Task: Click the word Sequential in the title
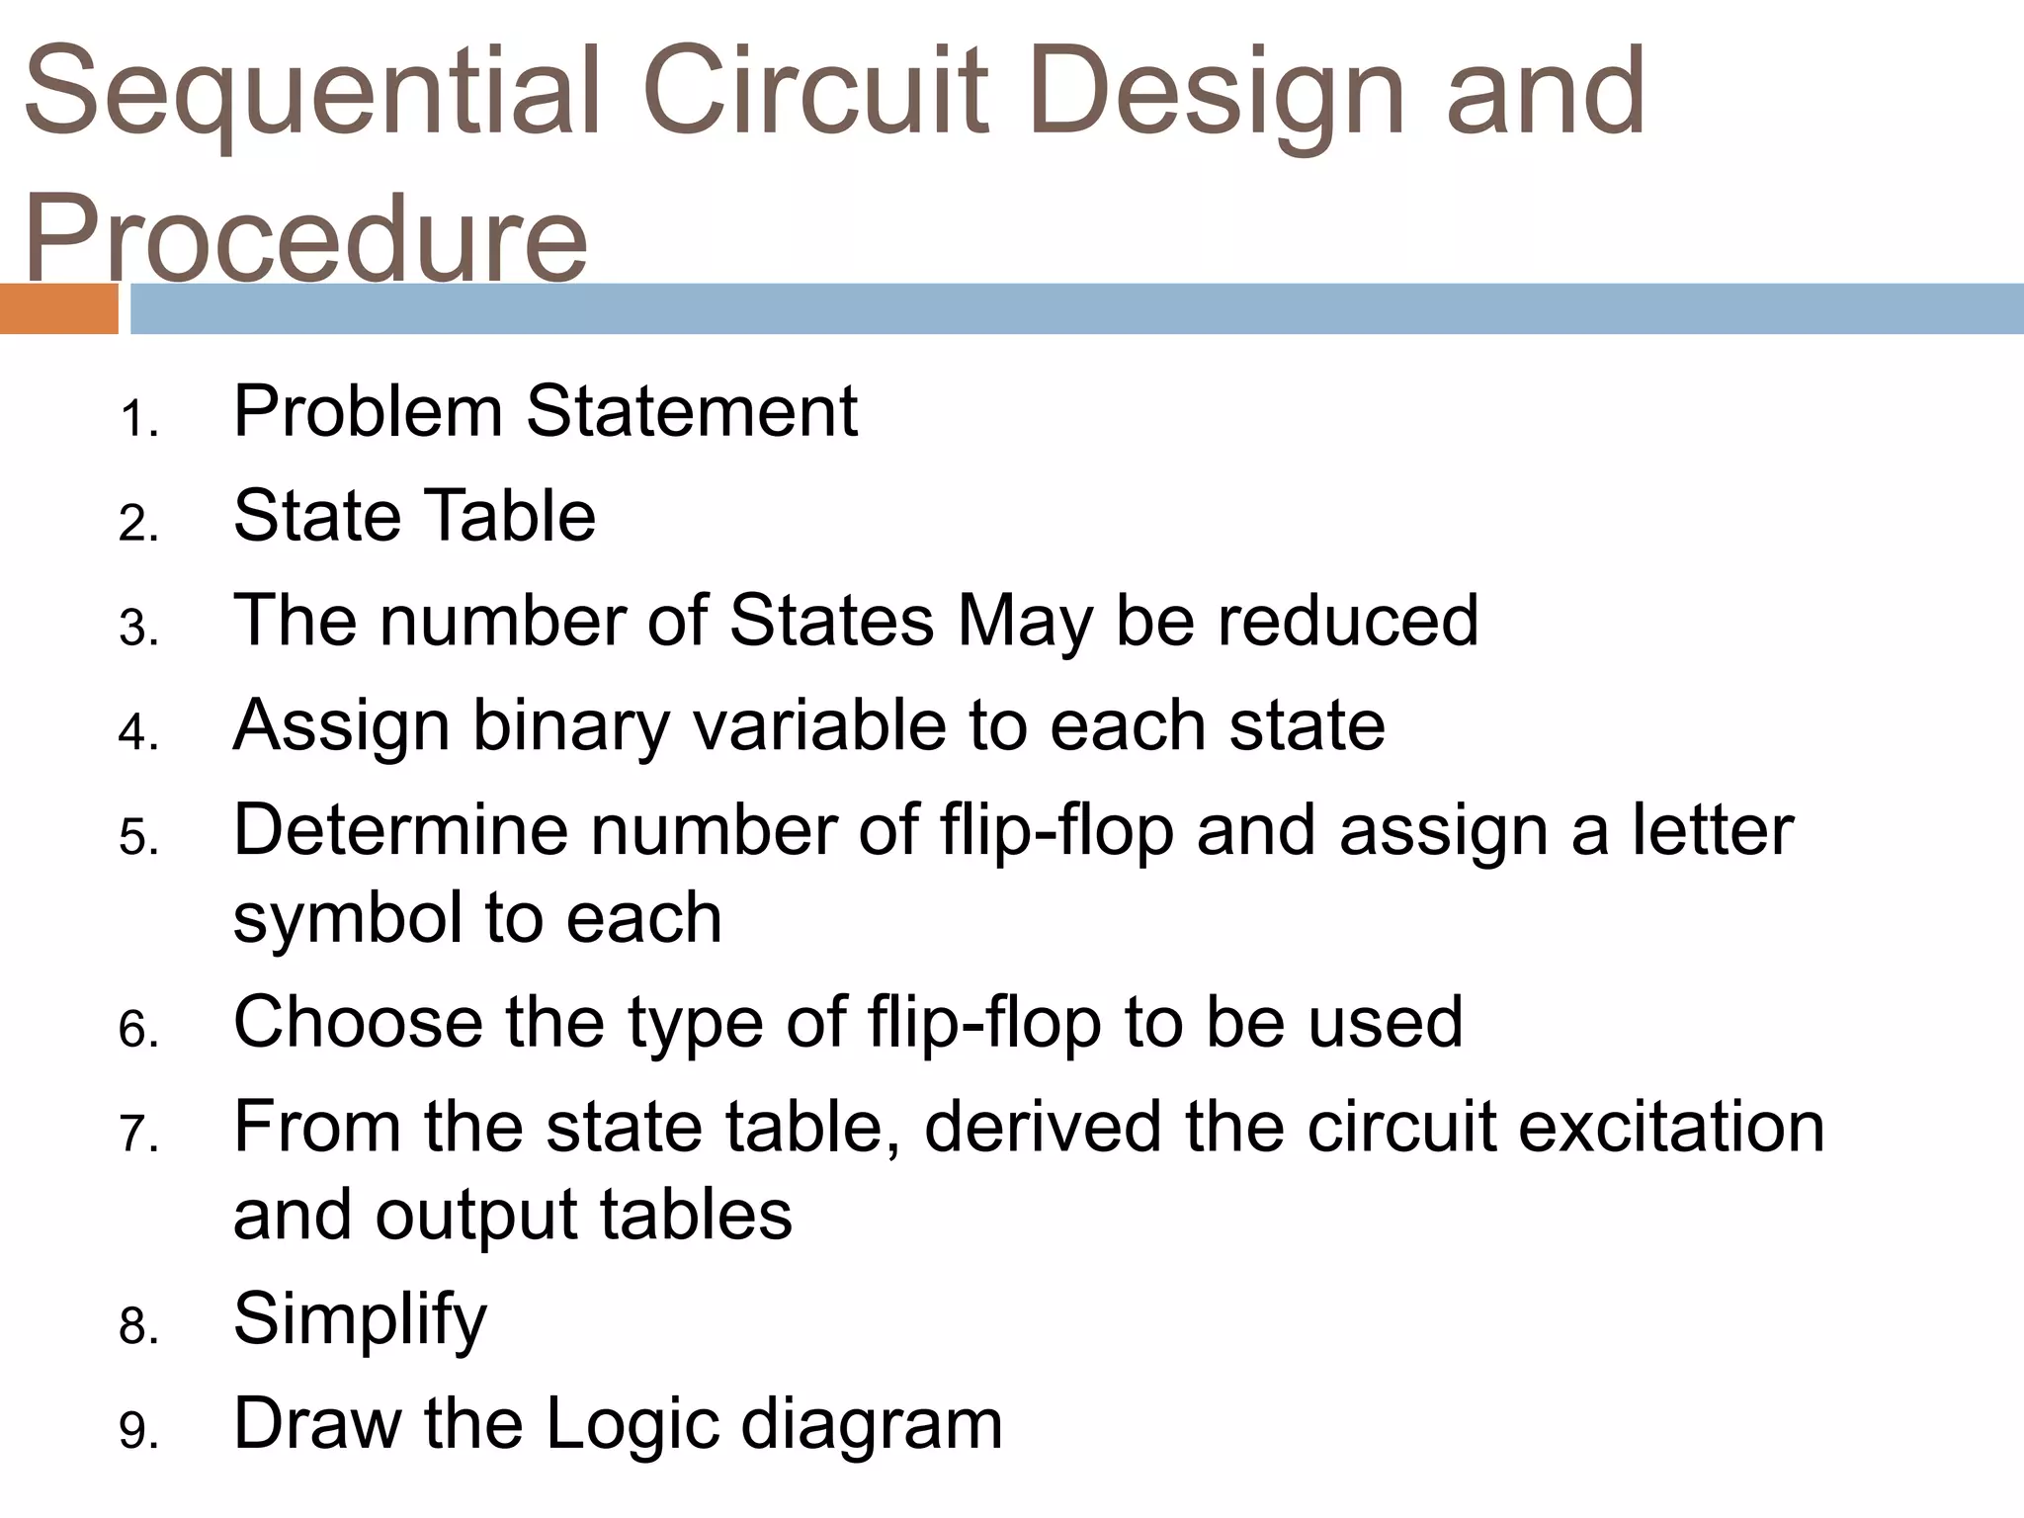click(x=312, y=94)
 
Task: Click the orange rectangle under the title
click(x=58, y=308)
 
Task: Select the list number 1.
click(x=137, y=419)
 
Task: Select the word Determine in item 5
click(x=400, y=830)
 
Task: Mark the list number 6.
click(x=137, y=1031)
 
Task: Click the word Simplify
click(x=360, y=1320)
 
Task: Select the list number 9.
click(x=137, y=1432)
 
